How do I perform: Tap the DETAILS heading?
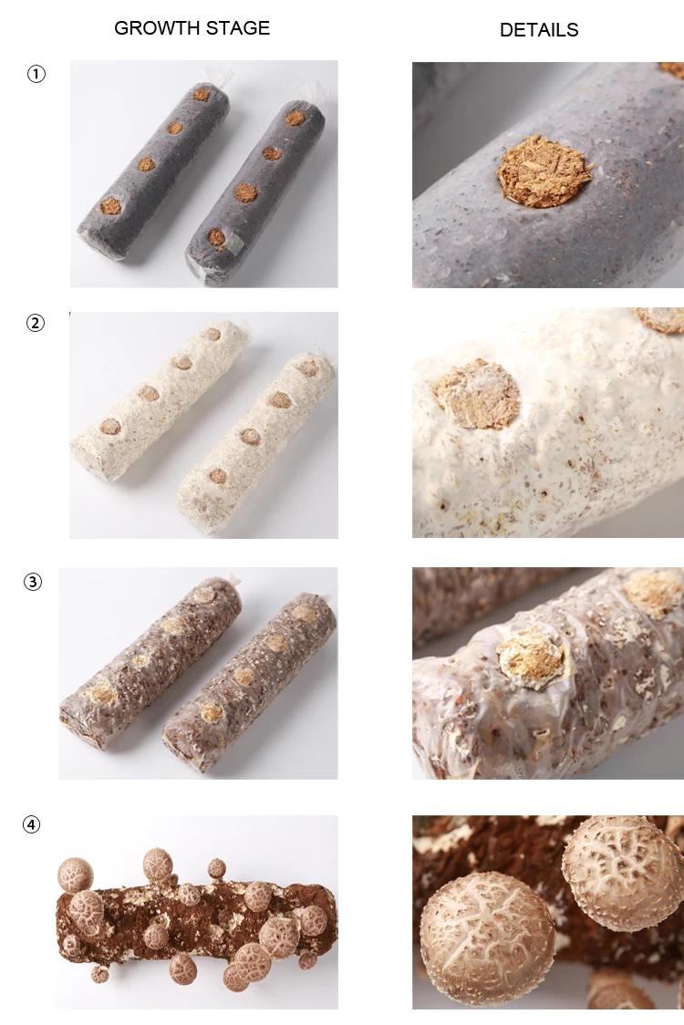pos(539,30)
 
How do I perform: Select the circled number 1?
pos(36,75)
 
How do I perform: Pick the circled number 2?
pos(36,322)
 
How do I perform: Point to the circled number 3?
pos(33,582)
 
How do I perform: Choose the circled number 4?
pos(32,825)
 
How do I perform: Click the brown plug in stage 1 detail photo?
pos(544,171)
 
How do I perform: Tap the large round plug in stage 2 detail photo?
pos(476,395)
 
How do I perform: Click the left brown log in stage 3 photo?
pos(150,660)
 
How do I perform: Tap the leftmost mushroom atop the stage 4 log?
pos(76,875)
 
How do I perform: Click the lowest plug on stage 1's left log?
pos(110,205)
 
